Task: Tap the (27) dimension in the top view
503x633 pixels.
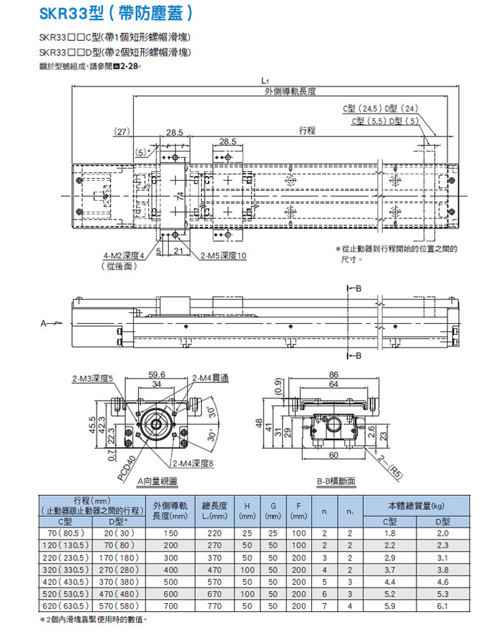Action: point(122,130)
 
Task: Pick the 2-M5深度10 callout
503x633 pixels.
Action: point(224,256)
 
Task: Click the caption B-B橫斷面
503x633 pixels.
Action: point(336,481)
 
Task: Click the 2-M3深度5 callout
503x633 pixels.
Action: point(93,378)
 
